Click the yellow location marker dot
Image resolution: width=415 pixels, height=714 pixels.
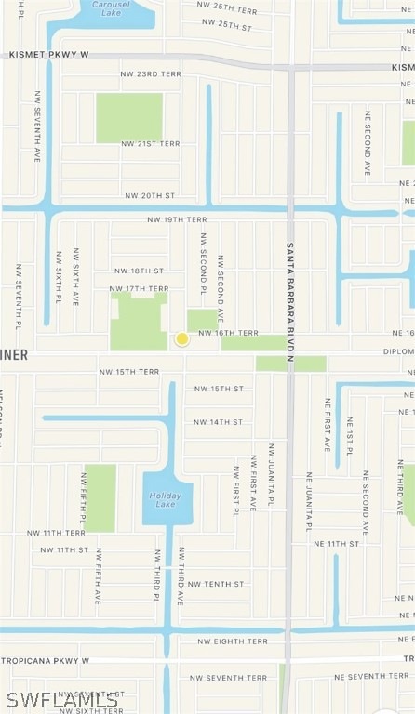(182, 339)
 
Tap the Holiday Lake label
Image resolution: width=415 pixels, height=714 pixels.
(166, 499)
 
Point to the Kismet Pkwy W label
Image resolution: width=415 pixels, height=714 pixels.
(48, 55)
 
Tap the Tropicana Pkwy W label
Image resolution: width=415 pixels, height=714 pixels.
(46, 660)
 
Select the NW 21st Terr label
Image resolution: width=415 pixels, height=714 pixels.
(151, 144)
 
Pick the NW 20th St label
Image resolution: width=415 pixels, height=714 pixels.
(150, 196)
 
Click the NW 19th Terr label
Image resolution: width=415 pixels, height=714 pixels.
(177, 219)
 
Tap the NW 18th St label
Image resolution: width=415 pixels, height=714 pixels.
(139, 271)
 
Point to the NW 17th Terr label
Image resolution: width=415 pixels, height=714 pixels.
(139, 288)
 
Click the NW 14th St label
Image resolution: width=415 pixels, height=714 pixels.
(219, 422)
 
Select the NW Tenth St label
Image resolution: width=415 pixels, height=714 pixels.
(216, 584)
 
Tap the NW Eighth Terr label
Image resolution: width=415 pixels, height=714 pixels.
(233, 641)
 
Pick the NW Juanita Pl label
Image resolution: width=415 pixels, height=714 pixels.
(271, 475)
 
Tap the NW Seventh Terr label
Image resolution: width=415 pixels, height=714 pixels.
(228, 678)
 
